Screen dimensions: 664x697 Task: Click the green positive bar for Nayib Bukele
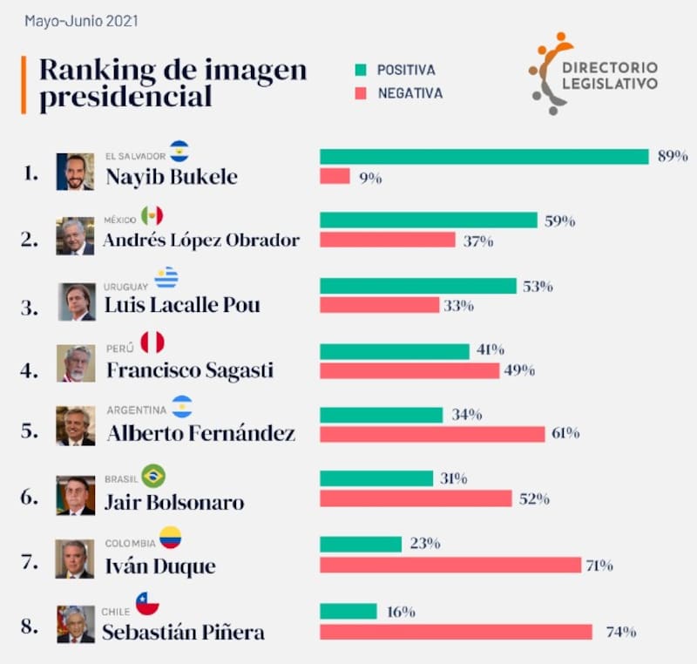coord(484,157)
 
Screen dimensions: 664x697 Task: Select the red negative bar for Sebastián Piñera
coord(456,631)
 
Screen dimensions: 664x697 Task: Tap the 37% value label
coord(478,241)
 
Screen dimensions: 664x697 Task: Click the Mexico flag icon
coord(152,216)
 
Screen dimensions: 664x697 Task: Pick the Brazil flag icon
coord(153,476)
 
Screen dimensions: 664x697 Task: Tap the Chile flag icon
coord(147,603)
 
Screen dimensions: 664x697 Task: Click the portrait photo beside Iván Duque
coord(75,559)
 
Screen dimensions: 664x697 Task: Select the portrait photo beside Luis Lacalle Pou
coord(76,302)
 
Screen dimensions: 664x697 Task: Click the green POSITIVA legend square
coord(361,70)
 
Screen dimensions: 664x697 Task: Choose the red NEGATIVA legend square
coord(361,93)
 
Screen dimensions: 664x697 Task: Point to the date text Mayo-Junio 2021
coord(81,20)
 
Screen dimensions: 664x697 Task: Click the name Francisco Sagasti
coord(189,369)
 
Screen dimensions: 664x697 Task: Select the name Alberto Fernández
coord(200,433)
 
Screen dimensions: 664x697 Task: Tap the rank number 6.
coord(30,498)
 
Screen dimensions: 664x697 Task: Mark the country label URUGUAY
coord(127,287)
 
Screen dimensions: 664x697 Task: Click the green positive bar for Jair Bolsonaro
coord(376,478)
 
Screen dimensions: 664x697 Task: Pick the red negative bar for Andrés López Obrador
coord(387,240)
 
